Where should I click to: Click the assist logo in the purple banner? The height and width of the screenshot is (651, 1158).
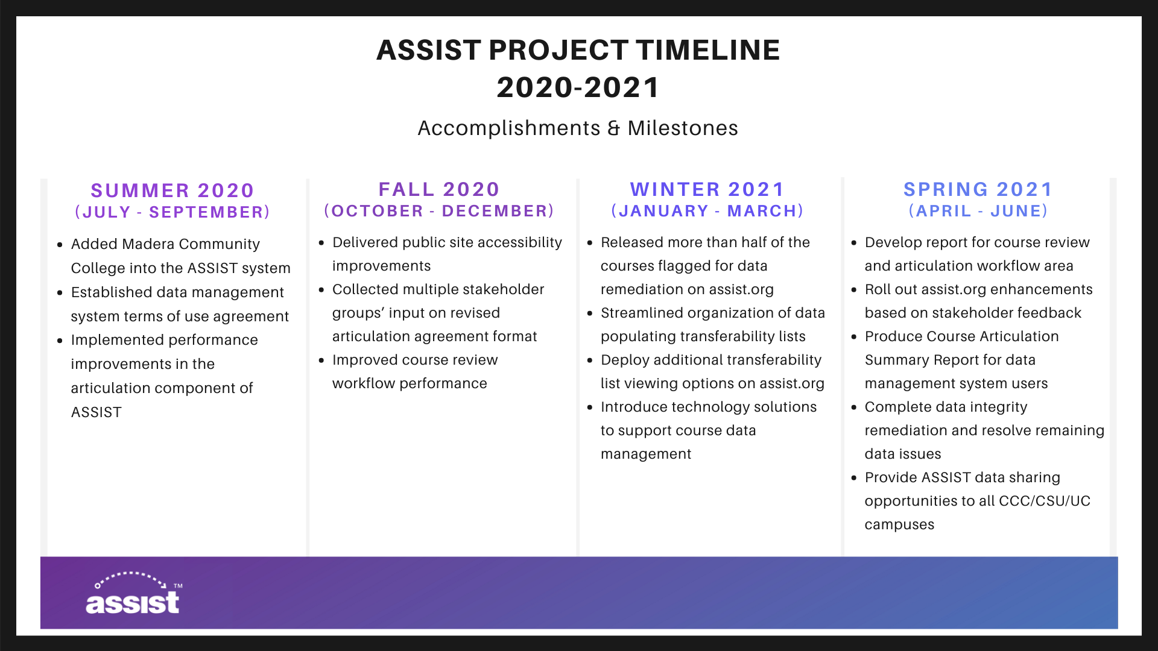coord(133,593)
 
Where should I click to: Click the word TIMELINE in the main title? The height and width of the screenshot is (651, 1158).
coord(708,50)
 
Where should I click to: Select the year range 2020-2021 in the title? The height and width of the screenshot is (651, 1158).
coord(578,87)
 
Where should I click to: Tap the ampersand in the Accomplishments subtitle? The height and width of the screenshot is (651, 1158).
coord(613,128)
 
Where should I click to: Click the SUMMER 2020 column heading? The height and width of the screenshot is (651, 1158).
coord(172,190)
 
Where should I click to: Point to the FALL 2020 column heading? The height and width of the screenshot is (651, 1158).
coord(439,189)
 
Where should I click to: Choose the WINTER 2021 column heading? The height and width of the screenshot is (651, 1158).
coord(707,189)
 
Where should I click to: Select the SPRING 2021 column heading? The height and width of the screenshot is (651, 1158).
coord(978,189)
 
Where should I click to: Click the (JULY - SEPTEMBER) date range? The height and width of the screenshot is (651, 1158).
coord(172,212)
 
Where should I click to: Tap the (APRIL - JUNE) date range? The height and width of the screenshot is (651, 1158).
coord(978,211)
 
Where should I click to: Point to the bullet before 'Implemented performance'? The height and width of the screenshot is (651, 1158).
coord(60,341)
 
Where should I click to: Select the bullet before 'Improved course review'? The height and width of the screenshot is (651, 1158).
coord(321,360)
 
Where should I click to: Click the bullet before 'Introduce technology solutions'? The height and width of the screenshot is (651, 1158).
coord(590,407)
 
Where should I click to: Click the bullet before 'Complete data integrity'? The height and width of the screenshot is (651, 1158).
coord(854,407)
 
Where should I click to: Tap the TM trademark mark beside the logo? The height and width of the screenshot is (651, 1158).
coord(178,586)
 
